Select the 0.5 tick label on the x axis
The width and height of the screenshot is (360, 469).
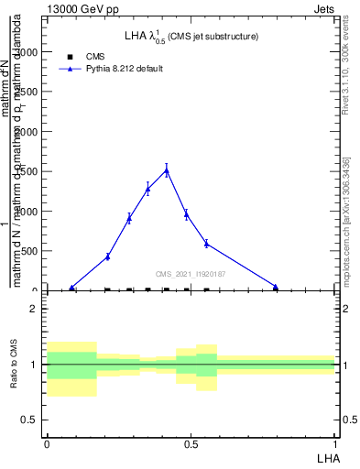click(x=190, y=442)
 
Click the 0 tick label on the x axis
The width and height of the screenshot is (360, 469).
click(x=47, y=442)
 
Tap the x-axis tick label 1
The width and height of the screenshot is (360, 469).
click(x=334, y=442)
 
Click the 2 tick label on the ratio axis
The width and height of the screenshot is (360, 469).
click(x=33, y=309)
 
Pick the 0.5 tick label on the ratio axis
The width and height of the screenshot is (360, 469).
click(x=28, y=420)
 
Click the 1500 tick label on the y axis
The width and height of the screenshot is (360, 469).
click(x=27, y=171)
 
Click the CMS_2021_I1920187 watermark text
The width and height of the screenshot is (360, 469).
click(x=190, y=274)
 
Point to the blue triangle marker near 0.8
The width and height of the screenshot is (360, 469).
click(x=276, y=287)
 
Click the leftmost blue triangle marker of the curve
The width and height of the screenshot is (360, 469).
click(x=72, y=288)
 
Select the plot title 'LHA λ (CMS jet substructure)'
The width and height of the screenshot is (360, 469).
click(x=191, y=37)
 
